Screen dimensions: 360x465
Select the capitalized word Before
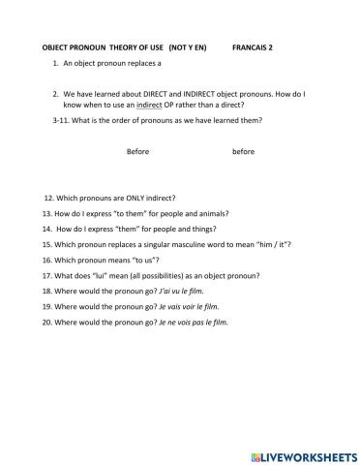(x=138, y=152)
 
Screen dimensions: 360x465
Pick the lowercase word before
(x=243, y=152)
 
